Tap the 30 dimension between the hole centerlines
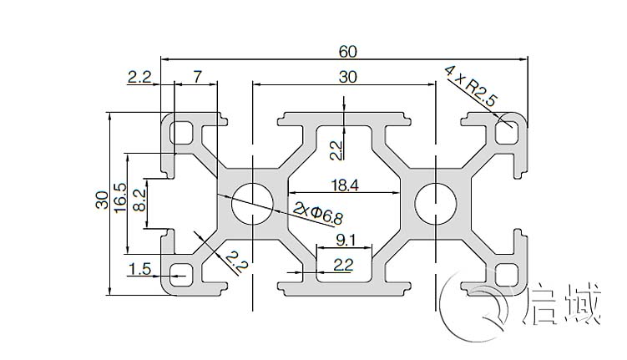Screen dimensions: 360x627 point(348,77)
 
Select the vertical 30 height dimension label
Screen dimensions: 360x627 point(100,200)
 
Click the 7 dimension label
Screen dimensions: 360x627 point(197,77)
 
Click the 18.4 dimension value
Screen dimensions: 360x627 point(344,187)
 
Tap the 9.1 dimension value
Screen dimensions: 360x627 point(344,240)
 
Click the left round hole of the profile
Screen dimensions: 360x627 point(254,201)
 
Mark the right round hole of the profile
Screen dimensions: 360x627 point(435,201)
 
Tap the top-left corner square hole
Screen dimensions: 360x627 point(180,131)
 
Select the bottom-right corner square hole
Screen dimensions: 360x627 point(505,272)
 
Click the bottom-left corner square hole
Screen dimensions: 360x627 point(180,272)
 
